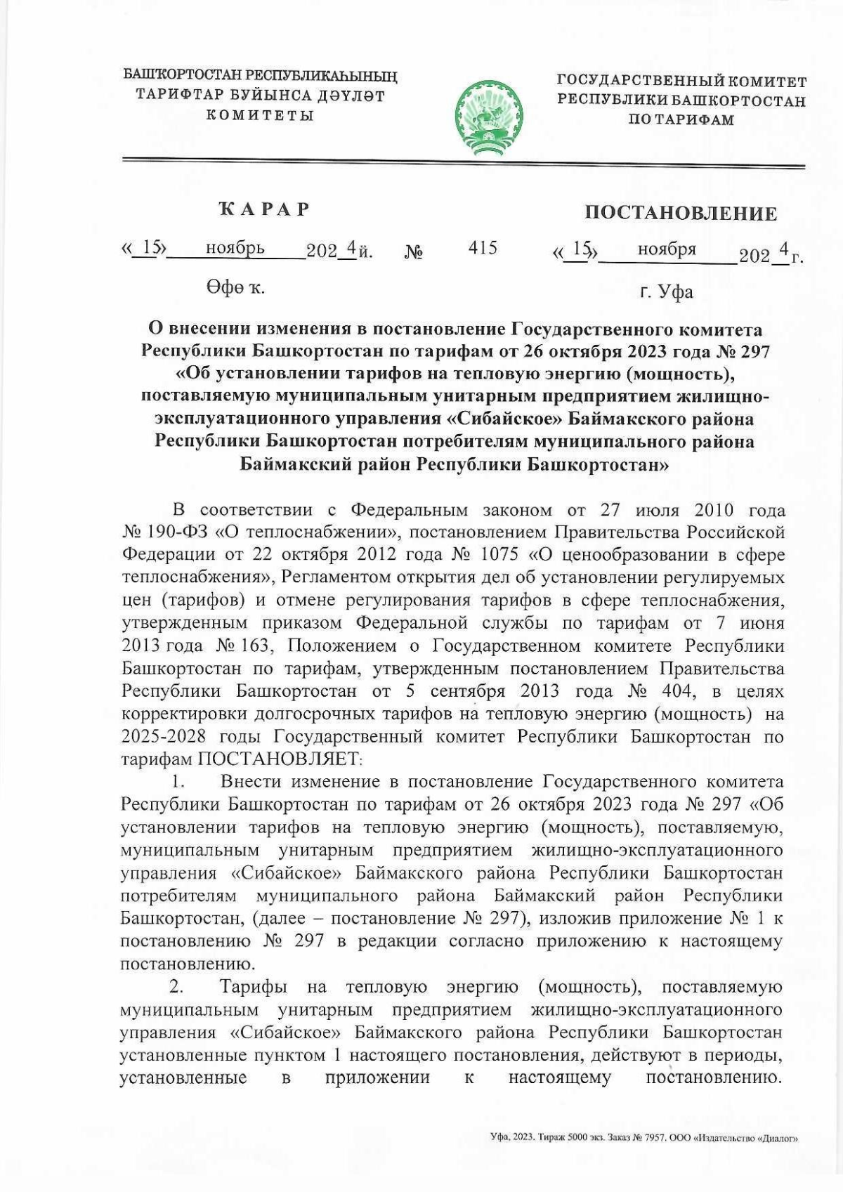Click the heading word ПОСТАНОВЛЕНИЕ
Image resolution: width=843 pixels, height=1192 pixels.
click(680, 214)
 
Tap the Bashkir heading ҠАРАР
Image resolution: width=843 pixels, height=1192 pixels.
click(263, 209)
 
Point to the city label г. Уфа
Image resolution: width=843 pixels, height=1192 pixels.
click(665, 291)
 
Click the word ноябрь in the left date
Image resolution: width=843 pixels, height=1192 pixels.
click(235, 248)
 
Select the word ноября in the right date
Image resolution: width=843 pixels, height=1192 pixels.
click(667, 249)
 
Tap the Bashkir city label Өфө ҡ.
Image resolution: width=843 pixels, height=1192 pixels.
click(235, 287)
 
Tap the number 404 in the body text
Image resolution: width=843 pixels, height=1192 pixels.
click(679, 690)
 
